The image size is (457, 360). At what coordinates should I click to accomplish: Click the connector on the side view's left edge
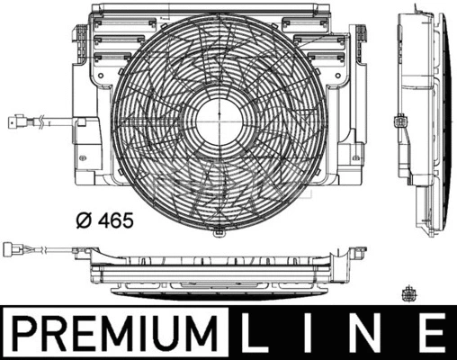pyautogui.click(x=401, y=121)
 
